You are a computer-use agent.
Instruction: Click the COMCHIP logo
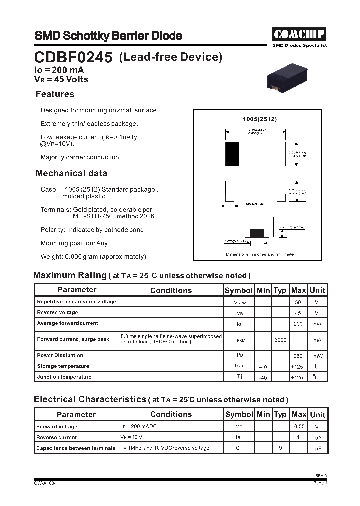(299, 34)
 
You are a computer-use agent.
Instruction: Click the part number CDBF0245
(73, 58)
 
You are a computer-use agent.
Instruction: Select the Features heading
(55, 94)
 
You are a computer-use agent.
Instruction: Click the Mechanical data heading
(71, 173)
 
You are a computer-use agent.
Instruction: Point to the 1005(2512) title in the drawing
(259, 120)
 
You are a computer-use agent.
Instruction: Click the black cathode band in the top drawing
(232, 154)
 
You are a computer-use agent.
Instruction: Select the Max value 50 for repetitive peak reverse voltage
(298, 302)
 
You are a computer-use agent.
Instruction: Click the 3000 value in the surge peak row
(280, 340)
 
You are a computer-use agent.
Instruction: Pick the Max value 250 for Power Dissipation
(298, 356)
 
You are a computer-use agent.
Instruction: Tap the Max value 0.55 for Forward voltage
(298, 427)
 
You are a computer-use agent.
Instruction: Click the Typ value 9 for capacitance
(280, 448)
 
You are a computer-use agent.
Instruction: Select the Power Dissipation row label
(60, 356)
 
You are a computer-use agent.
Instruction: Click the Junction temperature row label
(64, 377)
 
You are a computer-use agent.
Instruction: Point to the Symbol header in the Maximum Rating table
(239, 290)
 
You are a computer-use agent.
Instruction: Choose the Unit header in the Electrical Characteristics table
(317, 414)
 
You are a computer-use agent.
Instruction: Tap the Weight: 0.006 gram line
(94, 256)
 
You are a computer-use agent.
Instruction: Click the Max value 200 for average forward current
(298, 324)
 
